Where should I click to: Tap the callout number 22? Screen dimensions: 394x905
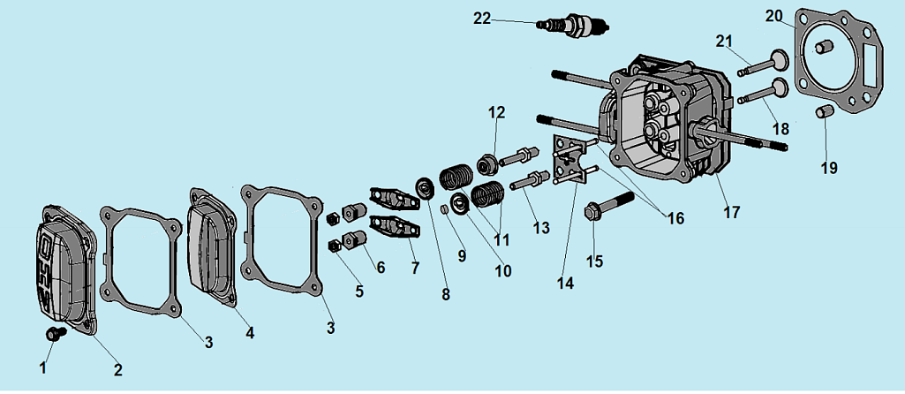[x=482, y=19]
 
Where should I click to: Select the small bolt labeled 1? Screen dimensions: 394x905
[x=56, y=334]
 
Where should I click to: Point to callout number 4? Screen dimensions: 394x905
[x=250, y=333]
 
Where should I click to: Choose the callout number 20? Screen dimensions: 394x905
[x=774, y=16]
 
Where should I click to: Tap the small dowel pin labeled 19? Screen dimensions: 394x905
[x=825, y=111]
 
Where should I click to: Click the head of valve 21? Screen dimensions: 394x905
[x=777, y=63]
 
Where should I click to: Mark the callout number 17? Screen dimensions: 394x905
[x=732, y=212]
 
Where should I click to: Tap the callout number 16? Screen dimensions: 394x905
[x=675, y=218]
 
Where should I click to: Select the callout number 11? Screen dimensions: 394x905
[x=502, y=239]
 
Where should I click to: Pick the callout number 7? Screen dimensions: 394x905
[x=414, y=267]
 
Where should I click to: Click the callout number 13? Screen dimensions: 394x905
[x=541, y=227]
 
